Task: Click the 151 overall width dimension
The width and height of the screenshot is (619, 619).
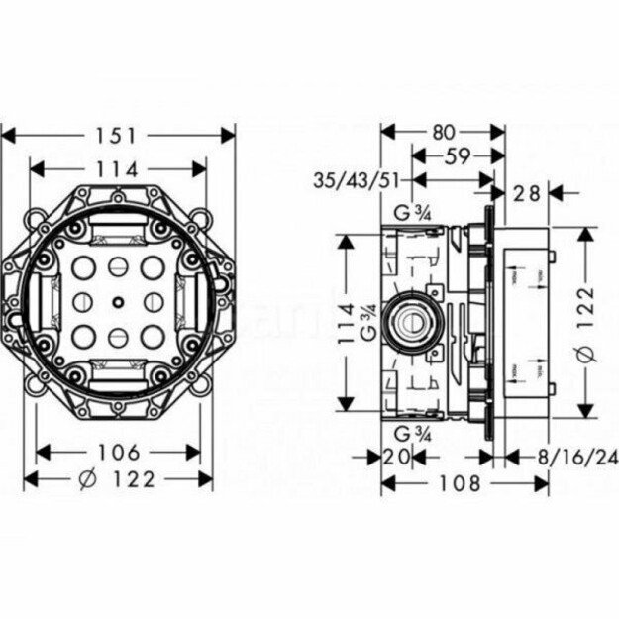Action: [x=118, y=135]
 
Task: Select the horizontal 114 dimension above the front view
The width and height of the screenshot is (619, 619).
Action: [x=118, y=168]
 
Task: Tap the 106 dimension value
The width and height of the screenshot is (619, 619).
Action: [x=118, y=453]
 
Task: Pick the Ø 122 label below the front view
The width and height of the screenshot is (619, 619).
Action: [x=118, y=479]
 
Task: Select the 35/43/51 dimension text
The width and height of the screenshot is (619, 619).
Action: [x=358, y=181]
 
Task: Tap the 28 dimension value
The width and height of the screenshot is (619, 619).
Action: [x=528, y=193]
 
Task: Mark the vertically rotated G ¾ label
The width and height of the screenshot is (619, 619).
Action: [x=366, y=322]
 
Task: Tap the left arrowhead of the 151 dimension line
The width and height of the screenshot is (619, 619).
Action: [x=6, y=135]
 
